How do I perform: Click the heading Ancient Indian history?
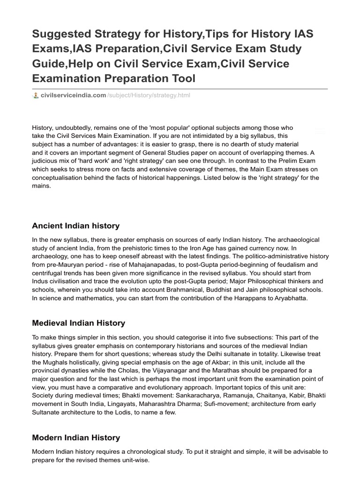click(75, 226)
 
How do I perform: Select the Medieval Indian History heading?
click(78, 323)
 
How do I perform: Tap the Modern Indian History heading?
click(76, 438)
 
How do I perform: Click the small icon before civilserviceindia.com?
click(36, 96)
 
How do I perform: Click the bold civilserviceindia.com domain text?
click(74, 96)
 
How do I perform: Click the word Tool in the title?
click(180, 78)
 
